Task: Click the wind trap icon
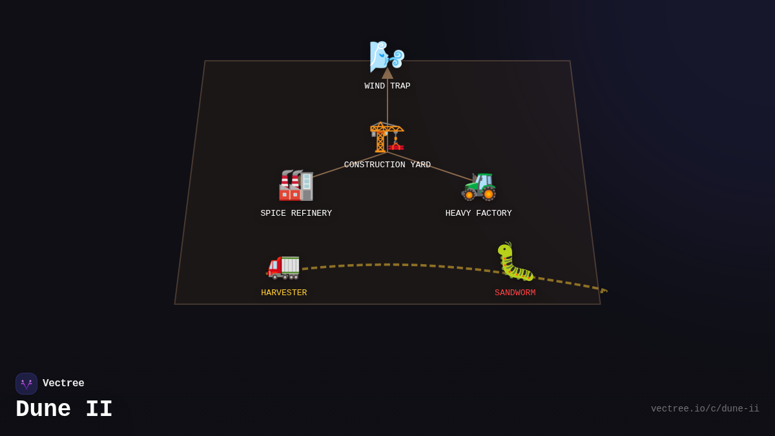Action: [387, 56]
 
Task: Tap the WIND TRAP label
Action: [387, 87]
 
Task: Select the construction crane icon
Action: [387, 137]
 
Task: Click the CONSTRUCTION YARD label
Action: [387, 165]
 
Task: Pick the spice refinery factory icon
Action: [296, 185]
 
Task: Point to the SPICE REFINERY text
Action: [296, 214]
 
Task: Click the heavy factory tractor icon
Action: [479, 186]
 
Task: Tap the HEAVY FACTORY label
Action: [479, 214]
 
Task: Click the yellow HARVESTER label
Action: [284, 293]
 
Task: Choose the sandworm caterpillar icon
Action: [515, 262]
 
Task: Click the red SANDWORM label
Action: [515, 293]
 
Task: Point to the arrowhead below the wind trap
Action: [387, 74]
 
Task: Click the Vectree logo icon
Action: [26, 384]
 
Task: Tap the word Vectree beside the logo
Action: [63, 384]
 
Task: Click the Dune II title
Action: [64, 410]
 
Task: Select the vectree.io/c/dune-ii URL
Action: [705, 409]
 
